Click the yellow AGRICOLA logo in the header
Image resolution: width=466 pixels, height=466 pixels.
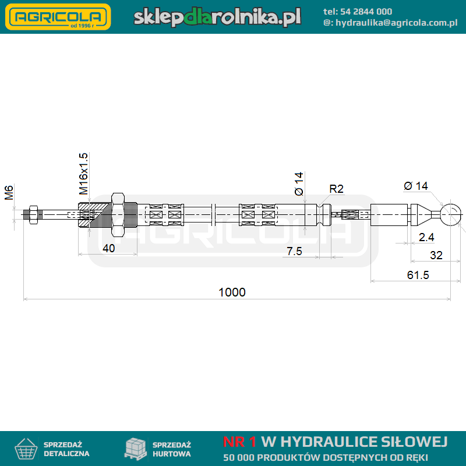[58, 17]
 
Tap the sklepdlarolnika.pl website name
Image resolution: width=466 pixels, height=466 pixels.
[217, 17]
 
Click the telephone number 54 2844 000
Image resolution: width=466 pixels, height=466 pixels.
[366, 12]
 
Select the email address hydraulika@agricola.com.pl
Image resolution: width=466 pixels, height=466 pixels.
[397, 23]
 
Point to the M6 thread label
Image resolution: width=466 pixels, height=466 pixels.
[9, 193]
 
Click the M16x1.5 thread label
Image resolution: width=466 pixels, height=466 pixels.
[83, 174]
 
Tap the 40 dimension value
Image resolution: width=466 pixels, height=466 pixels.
[108, 248]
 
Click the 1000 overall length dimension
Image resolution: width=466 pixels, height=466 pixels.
[232, 292]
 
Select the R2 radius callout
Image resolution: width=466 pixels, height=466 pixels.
[337, 189]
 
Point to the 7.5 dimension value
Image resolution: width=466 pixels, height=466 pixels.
[294, 252]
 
